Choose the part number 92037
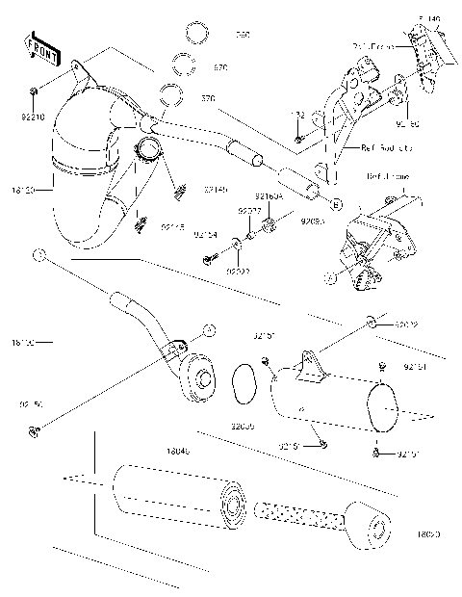coord(250,210)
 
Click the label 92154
coord(205,234)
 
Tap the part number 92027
coord(238,272)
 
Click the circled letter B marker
coord(335,204)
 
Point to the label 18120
coord(22,191)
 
